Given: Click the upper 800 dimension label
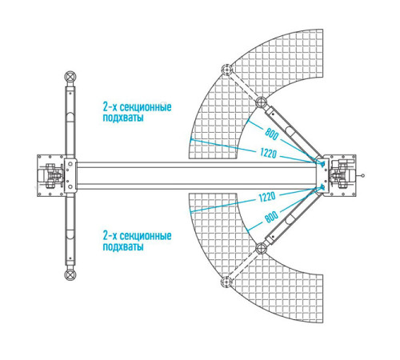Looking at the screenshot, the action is pyautogui.click(x=271, y=134).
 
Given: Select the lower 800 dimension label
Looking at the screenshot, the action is pyautogui.click(x=271, y=217).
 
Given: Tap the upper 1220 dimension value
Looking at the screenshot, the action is pyautogui.click(x=268, y=153).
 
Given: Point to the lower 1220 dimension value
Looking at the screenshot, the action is pyautogui.click(x=267, y=198).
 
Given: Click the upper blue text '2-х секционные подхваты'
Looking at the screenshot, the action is pyautogui.click(x=137, y=112).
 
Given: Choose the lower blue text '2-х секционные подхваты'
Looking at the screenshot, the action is pyautogui.click(x=137, y=241).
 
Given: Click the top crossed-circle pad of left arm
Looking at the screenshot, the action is pyautogui.click(x=70, y=77).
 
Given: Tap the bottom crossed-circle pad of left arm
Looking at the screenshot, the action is pyautogui.click(x=70, y=274).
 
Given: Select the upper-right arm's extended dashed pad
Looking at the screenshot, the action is pyautogui.click(x=227, y=70).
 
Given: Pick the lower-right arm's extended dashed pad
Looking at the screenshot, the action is pyautogui.click(x=226, y=282).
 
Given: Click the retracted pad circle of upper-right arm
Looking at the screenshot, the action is pyautogui.click(x=262, y=102).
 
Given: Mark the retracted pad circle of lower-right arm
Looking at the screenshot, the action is pyautogui.click(x=262, y=248).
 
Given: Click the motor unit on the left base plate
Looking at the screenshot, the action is pyautogui.click(x=51, y=176).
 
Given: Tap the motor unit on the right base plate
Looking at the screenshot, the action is pyautogui.click(x=342, y=174).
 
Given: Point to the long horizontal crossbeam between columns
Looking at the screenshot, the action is pyautogui.click(x=197, y=175).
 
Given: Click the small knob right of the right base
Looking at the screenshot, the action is pyautogui.click(x=362, y=175).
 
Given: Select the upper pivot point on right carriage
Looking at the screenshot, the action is pyautogui.click(x=322, y=164).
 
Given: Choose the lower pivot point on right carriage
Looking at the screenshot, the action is pyautogui.click(x=322, y=186).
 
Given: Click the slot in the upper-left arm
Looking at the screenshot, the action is pyautogui.click(x=70, y=118).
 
